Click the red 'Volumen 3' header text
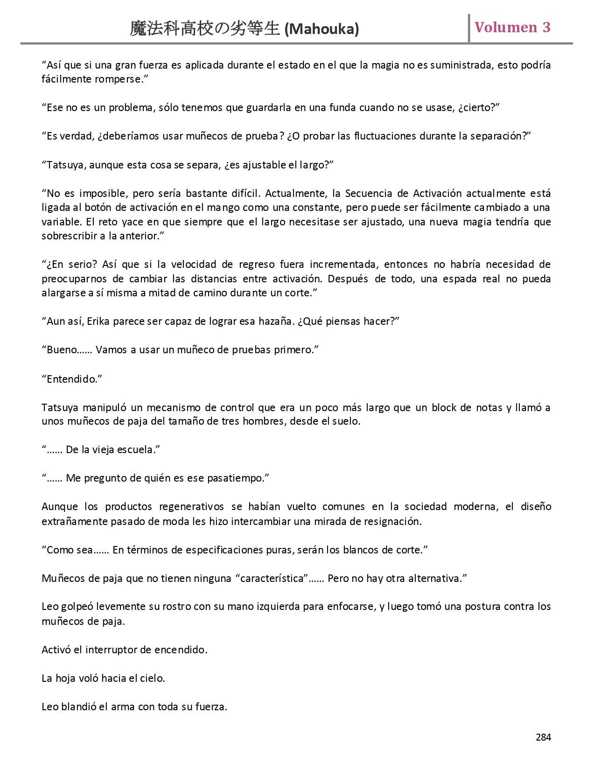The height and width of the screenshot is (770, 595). (512, 28)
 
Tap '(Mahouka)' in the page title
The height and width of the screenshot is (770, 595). (322, 29)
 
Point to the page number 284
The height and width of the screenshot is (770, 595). (543, 737)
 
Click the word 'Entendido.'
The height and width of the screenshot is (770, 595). (72, 379)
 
